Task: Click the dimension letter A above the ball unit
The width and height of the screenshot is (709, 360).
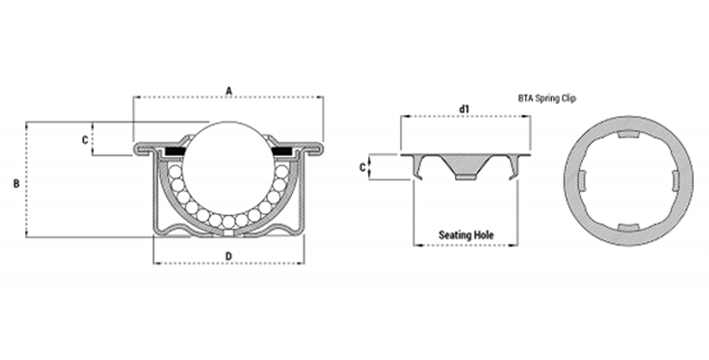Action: [x=229, y=91]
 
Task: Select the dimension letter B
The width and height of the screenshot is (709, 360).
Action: [x=16, y=184]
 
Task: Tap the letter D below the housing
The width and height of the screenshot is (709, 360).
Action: [x=229, y=256]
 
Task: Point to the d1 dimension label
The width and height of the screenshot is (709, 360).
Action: [x=464, y=109]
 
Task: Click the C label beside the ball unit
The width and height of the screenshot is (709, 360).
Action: [x=85, y=140]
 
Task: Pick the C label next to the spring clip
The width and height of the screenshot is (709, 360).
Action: [x=362, y=168]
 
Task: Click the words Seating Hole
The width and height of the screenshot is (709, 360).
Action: [x=466, y=235]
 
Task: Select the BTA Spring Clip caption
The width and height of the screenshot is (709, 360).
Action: [x=547, y=98]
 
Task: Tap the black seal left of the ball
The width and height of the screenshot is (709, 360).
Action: [x=175, y=151]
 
